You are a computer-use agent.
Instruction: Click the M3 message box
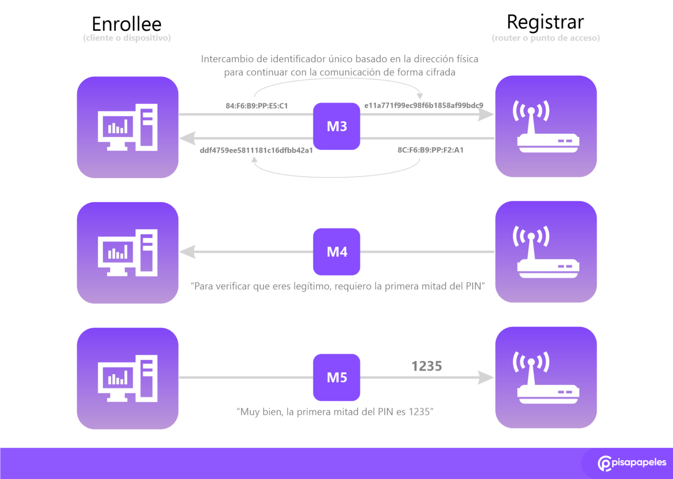[336, 126]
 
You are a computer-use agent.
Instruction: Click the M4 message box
[336, 252]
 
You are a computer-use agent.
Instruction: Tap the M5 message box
[336, 378]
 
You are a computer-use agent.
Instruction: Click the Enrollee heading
[126, 24]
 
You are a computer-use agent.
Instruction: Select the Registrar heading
[545, 22]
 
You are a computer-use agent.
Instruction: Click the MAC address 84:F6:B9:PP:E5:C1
[257, 106]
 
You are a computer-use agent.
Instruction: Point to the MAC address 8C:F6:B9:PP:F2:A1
[430, 150]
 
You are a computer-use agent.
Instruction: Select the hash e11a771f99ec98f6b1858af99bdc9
[424, 105]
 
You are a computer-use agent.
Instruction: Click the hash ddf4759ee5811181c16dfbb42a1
[256, 150]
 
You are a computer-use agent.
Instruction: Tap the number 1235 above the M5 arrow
[426, 366]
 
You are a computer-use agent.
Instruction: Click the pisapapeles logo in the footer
[632, 463]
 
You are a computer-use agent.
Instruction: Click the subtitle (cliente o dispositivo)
[127, 38]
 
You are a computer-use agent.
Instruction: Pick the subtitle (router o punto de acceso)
[546, 38]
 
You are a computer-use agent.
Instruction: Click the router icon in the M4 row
[546, 252]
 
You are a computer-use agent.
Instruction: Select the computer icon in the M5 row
[127, 378]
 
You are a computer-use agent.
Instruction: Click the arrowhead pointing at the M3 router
[486, 114]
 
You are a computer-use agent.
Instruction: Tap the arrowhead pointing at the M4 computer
[187, 252]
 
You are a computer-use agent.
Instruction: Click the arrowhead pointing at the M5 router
[486, 378]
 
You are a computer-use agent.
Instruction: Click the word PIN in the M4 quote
[473, 286]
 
